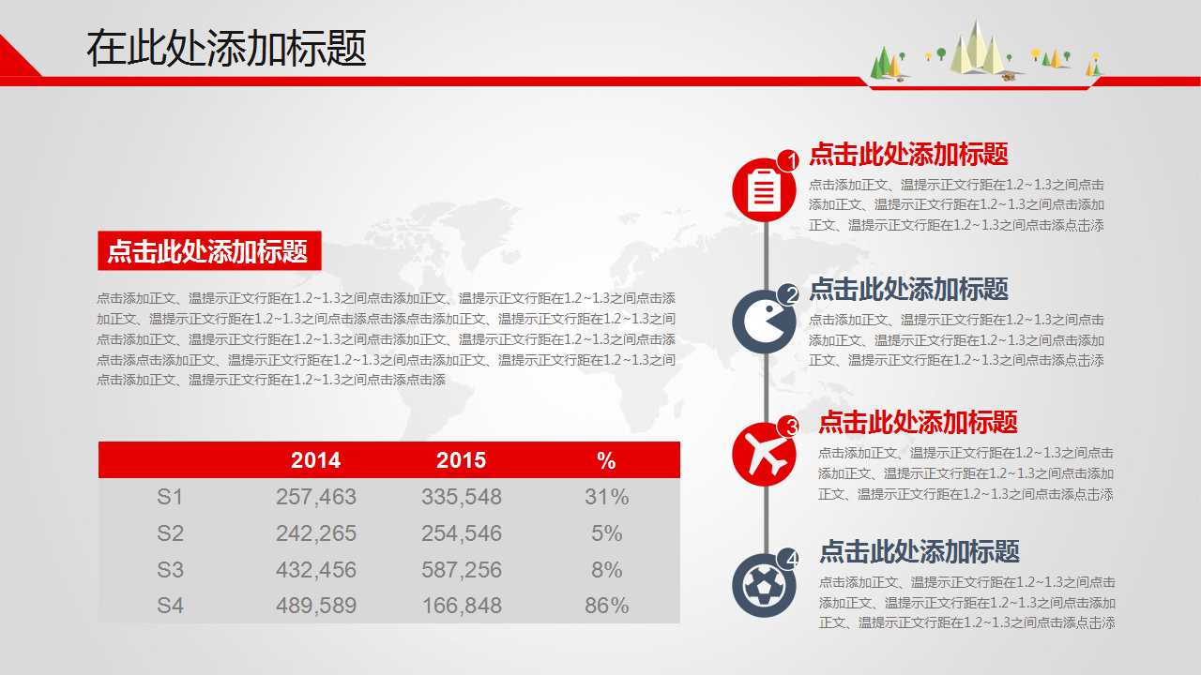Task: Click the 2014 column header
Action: click(x=315, y=460)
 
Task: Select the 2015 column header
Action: click(x=461, y=460)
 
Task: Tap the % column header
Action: click(x=606, y=460)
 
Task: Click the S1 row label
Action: click(x=170, y=497)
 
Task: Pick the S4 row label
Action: click(x=170, y=606)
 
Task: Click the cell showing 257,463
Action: click(x=316, y=497)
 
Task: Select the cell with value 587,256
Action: click(x=462, y=570)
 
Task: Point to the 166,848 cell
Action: click(x=462, y=606)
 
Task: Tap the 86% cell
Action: click(x=606, y=606)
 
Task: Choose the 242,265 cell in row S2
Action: click(x=316, y=533)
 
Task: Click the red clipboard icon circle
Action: click(x=764, y=190)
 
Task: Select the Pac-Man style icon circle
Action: click(x=764, y=322)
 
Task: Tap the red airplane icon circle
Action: click(x=764, y=455)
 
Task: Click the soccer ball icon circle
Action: click(x=764, y=586)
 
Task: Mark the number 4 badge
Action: click(x=791, y=560)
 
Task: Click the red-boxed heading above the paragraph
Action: click(x=208, y=251)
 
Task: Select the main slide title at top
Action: click(x=226, y=48)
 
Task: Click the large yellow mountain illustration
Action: click(x=977, y=49)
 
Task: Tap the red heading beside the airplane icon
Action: click(x=918, y=423)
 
